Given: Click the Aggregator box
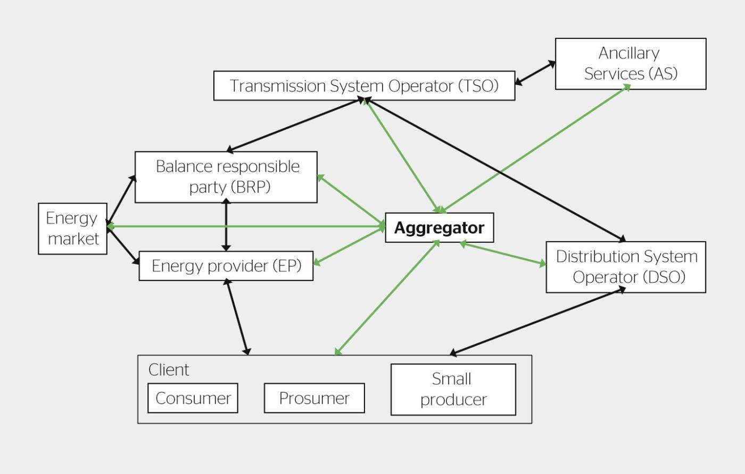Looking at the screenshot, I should pos(439,228).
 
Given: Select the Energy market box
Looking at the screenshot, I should pos(72,228).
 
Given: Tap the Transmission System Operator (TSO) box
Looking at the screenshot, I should pos(364,86).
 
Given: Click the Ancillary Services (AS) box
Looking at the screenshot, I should pos(631,63).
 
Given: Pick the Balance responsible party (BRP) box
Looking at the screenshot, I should pos(226,177).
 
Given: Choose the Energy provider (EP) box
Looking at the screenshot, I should pos(226,266).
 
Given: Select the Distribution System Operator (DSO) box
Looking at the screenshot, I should pos(626,267).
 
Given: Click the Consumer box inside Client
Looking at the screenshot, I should pos(193,398).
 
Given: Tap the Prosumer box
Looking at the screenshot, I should pos(314,398).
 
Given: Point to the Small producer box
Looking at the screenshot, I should pos(453,390).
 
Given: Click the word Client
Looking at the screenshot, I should pos(169,370).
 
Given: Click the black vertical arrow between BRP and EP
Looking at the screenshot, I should pos(226,226).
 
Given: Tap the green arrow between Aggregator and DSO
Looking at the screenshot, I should pos(503,253).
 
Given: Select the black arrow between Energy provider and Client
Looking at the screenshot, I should pos(237,316).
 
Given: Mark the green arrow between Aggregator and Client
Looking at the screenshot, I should pos(387,298).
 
